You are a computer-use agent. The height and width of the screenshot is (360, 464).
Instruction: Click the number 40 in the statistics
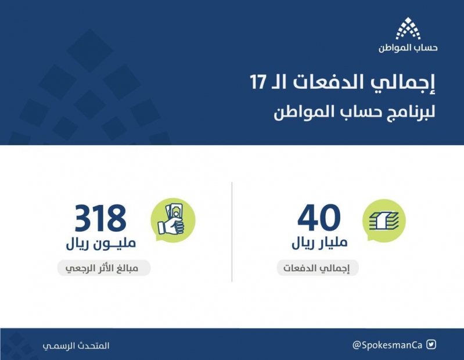(x=319, y=218)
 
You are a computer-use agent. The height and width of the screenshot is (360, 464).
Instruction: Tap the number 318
(x=100, y=218)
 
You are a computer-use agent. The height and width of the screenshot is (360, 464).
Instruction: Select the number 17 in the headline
(x=258, y=82)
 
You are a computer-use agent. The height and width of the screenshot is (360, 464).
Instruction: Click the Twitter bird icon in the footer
(x=431, y=345)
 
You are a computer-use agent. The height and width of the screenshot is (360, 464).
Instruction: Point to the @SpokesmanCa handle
(x=387, y=345)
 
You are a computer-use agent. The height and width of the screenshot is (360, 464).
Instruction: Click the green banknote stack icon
(x=384, y=221)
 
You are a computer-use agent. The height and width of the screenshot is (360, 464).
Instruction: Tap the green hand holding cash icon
(x=173, y=220)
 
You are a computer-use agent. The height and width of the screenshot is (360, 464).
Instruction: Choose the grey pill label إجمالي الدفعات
(x=318, y=268)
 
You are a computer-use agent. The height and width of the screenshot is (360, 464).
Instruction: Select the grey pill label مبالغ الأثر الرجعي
(x=104, y=268)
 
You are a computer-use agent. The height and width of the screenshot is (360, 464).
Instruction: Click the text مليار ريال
(x=319, y=243)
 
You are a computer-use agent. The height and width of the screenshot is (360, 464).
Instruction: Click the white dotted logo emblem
(x=408, y=28)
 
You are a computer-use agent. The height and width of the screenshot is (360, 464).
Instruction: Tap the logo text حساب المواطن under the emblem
(x=408, y=48)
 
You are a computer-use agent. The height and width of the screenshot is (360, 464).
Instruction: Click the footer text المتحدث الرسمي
(x=76, y=345)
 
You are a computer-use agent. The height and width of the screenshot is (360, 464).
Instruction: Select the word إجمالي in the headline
(x=404, y=83)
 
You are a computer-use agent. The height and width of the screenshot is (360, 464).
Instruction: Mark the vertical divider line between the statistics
(x=232, y=232)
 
